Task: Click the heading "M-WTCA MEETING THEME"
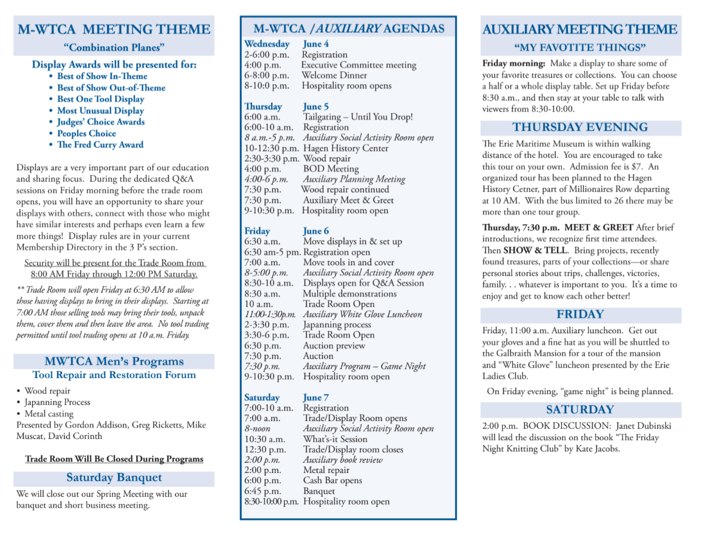[113, 29]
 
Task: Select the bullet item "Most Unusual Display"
[100, 110]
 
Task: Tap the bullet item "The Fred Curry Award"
[100, 145]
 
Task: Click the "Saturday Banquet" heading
[113, 478]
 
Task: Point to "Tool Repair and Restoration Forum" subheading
[114, 375]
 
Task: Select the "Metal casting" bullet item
[49, 414]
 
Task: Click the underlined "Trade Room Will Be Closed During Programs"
[114, 459]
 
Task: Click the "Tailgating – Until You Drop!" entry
[358, 117]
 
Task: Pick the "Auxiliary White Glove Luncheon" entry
[362, 314]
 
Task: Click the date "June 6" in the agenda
[316, 231]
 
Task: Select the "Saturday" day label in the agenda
[262, 398]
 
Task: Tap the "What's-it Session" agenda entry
[335, 439]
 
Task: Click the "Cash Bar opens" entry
[333, 481]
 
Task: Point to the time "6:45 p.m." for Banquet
[262, 491]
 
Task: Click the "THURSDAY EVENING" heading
[580, 127]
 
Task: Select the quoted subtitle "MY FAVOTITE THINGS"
[580, 47]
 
